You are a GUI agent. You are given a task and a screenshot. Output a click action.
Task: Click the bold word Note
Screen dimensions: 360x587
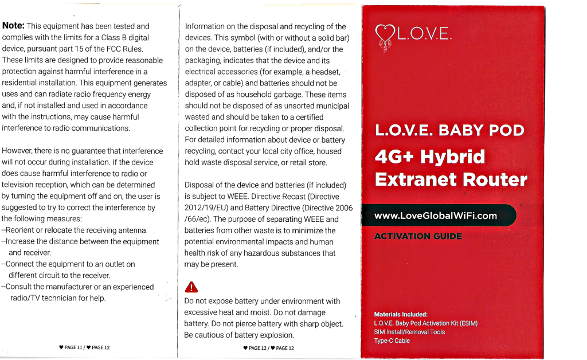click(13, 26)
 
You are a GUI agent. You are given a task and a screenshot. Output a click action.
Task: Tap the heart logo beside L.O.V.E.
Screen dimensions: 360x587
click(384, 36)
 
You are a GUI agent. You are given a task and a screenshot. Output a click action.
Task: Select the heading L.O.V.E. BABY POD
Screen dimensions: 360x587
click(449, 130)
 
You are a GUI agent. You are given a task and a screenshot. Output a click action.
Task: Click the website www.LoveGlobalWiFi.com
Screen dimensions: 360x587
click(435, 216)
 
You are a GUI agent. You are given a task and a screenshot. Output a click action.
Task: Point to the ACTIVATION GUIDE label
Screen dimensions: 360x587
click(417, 236)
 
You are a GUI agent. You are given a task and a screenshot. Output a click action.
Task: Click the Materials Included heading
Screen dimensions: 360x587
click(401, 314)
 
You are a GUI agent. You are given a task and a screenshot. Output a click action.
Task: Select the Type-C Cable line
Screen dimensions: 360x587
click(392, 341)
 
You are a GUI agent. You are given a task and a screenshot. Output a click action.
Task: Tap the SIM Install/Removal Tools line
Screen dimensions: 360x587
click(409, 332)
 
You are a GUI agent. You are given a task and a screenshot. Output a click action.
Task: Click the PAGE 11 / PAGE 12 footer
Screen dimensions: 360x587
click(84, 348)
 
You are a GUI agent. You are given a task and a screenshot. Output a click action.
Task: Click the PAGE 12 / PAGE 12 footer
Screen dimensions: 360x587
click(268, 348)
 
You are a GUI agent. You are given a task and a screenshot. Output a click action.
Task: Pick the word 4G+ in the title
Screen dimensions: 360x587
click(394, 156)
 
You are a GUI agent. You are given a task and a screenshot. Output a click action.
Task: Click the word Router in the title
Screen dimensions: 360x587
click(495, 180)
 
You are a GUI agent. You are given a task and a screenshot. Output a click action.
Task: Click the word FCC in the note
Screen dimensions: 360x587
click(110, 49)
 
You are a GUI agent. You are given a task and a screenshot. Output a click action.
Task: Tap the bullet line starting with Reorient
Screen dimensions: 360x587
click(75, 230)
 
